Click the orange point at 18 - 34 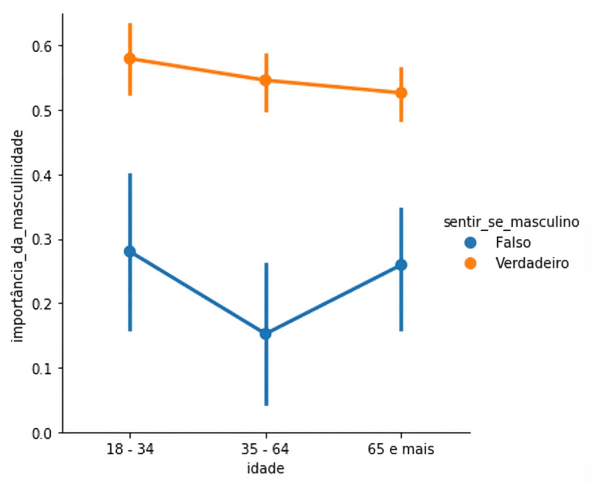130,58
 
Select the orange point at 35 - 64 266,80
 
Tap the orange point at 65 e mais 401,93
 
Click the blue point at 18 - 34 130,251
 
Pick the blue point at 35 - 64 266,334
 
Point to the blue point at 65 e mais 401,265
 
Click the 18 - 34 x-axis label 130,450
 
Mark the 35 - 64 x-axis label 266,450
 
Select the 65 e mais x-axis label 401,450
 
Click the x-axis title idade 266,468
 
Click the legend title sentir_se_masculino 511,222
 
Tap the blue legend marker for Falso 471,243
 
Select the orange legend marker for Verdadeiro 471,263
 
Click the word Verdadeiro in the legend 532,263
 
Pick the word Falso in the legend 513,243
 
